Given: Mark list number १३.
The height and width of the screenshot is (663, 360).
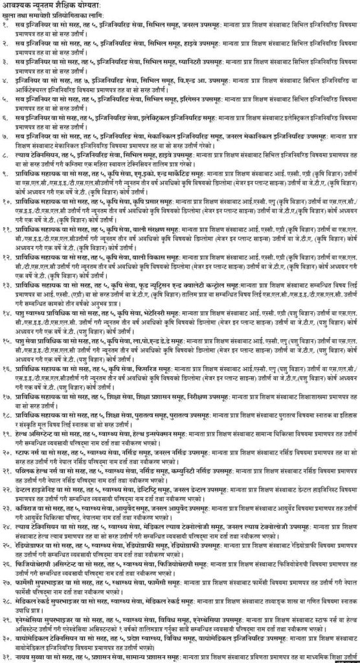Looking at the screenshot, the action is pos(8,285).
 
